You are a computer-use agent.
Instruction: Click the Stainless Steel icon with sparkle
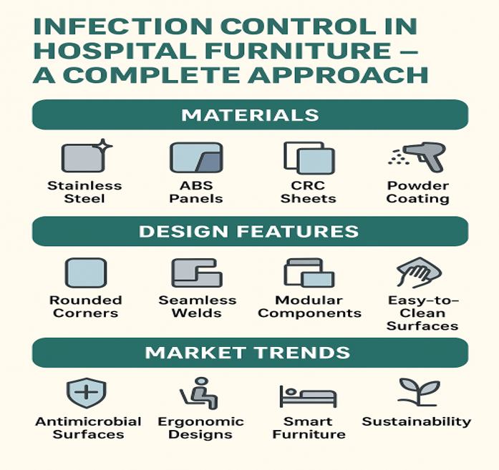click(x=84, y=157)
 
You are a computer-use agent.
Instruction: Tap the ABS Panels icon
click(x=195, y=158)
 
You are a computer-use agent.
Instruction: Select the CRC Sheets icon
click(x=308, y=158)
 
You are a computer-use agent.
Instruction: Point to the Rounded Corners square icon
click(x=85, y=273)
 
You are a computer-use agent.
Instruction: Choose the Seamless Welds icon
click(x=196, y=273)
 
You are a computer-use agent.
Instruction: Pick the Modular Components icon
click(x=309, y=273)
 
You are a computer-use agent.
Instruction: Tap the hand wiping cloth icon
click(x=419, y=273)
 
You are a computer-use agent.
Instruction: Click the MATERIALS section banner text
click(x=250, y=115)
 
